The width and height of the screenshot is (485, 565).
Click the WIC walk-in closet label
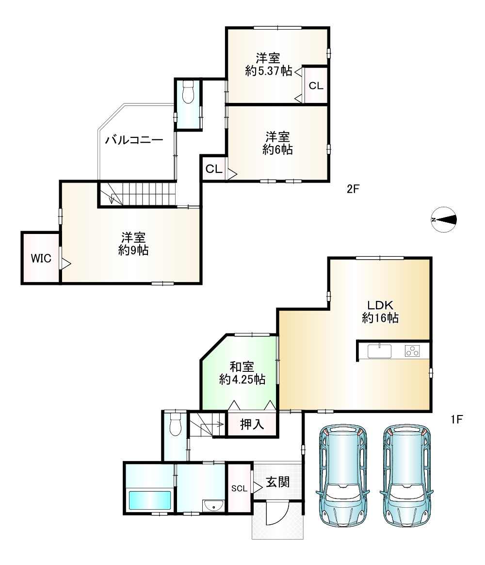(x=41, y=259)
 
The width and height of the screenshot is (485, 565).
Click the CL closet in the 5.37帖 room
(x=316, y=86)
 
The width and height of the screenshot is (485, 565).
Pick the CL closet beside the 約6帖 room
(x=214, y=169)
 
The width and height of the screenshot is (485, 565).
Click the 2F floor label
(x=353, y=189)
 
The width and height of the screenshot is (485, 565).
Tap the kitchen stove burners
(x=412, y=350)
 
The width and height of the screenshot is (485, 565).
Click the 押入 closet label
(x=252, y=424)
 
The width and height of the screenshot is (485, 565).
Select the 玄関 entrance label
(x=277, y=482)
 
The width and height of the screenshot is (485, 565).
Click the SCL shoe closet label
(x=239, y=488)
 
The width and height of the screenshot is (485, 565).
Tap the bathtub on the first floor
(x=149, y=499)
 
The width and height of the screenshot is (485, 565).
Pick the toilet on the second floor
(x=188, y=91)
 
